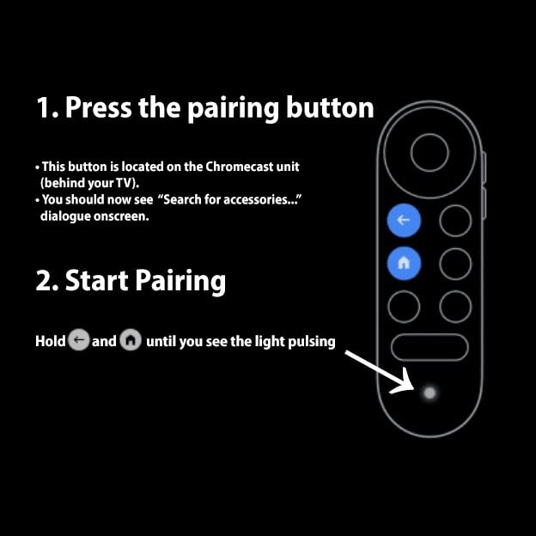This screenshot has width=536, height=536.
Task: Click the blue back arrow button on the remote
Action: pyautogui.click(x=403, y=221)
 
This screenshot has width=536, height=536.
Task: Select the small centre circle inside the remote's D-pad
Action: pyautogui.click(x=429, y=154)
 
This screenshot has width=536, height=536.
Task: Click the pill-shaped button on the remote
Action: pyautogui.click(x=429, y=347)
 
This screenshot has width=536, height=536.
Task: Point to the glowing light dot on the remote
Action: pyautogui.click(x=429, y=393)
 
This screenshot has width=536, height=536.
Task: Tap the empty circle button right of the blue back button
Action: pyautogui.click(x=455, y=221)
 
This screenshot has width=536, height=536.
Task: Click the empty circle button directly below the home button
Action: pyautogui.click(x=403, y=307)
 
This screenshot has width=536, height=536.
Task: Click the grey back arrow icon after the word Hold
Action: pyautogui.click(x=78, y=341)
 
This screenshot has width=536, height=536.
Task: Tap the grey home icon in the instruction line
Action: pyautogui.click(x=131, y=341)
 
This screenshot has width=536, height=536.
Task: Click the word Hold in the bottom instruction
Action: pyautogui.click(x=50, y=342)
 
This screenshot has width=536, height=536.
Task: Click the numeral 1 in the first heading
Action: pyautogui.click(x=45, y=108)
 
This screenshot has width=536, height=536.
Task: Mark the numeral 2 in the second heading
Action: pyautogui.click(x=46, y=281)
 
